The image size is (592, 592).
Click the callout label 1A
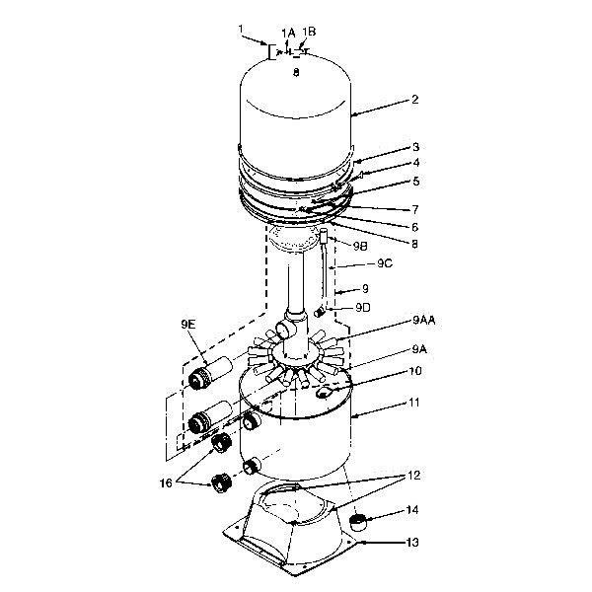click(288, 32)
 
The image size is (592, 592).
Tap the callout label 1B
click(309, 32)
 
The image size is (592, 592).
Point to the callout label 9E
click(188, 324)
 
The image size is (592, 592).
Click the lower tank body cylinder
click(306, 444)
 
